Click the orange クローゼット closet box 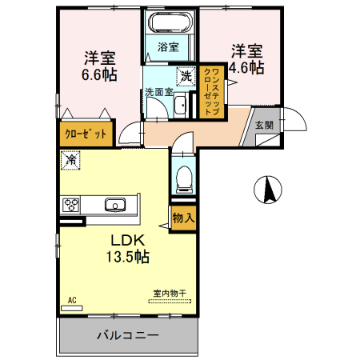(x=85, y=134)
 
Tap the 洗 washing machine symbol (x=185, y=77)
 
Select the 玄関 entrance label (x=264, y=126)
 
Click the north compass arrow (x=270, y=189)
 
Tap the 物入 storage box (x=182, y=217)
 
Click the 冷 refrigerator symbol (x=70, y=160)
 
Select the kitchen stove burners (x=71, y=205)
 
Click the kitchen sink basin (x=116, y=205)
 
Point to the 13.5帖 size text (x=126, y=257)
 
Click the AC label (x=71, y=300)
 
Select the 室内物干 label (x=170, y=294)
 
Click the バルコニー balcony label (x=128, y=334)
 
